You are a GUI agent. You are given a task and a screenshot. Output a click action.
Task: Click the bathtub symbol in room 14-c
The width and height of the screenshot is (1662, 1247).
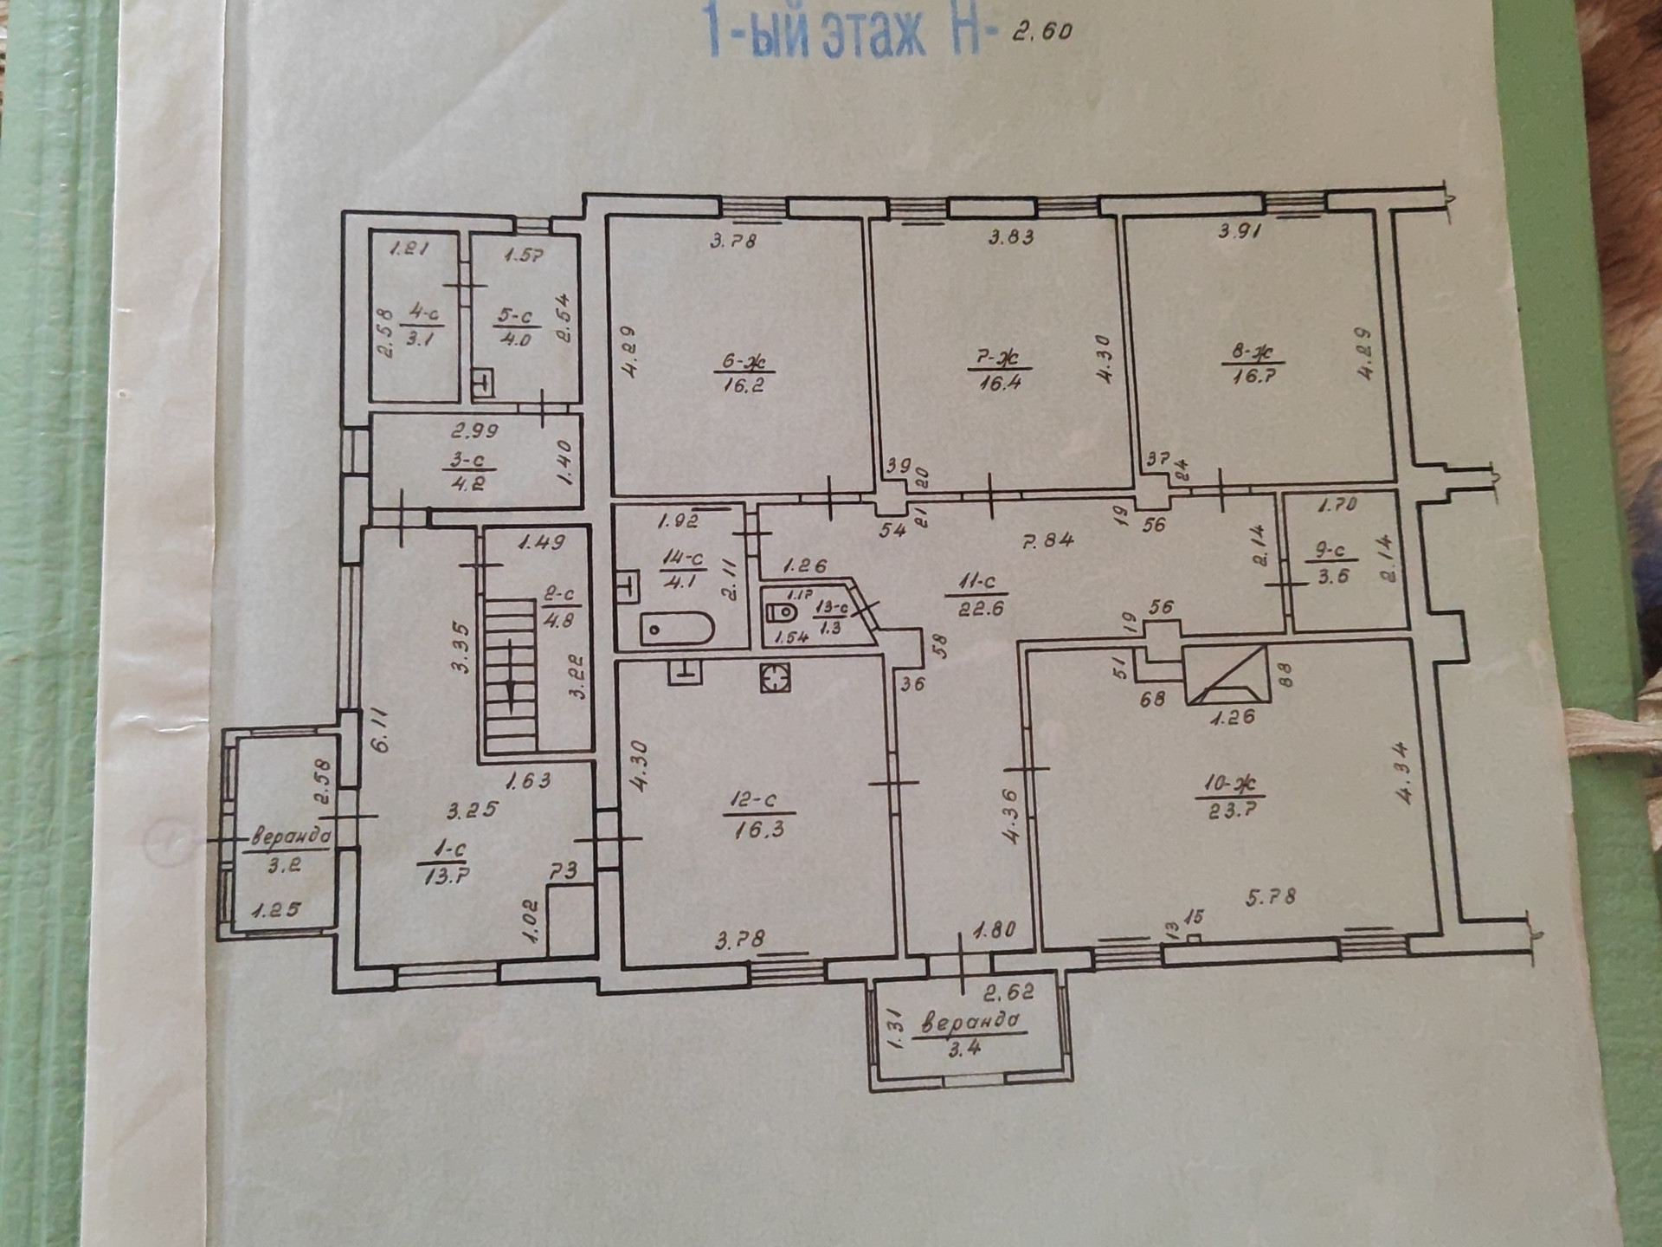coord(678,629)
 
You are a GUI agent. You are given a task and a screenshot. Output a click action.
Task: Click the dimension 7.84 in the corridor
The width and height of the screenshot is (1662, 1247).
coord(1047,540)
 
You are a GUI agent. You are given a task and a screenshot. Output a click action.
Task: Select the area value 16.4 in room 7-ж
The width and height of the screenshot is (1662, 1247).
coord(999,381)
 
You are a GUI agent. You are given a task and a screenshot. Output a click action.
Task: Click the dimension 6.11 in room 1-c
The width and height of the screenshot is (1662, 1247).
coord(383,730)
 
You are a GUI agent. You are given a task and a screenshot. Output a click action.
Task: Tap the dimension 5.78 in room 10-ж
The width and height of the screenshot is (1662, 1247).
coord(1270,896)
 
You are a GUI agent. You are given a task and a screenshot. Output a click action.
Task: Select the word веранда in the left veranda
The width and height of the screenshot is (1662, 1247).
coord(290,836)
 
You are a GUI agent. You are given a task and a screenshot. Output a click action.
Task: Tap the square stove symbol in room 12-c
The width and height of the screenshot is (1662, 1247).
coord(776,677)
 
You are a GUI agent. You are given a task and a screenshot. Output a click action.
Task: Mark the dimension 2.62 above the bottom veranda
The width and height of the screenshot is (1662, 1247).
coord(1009,992)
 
